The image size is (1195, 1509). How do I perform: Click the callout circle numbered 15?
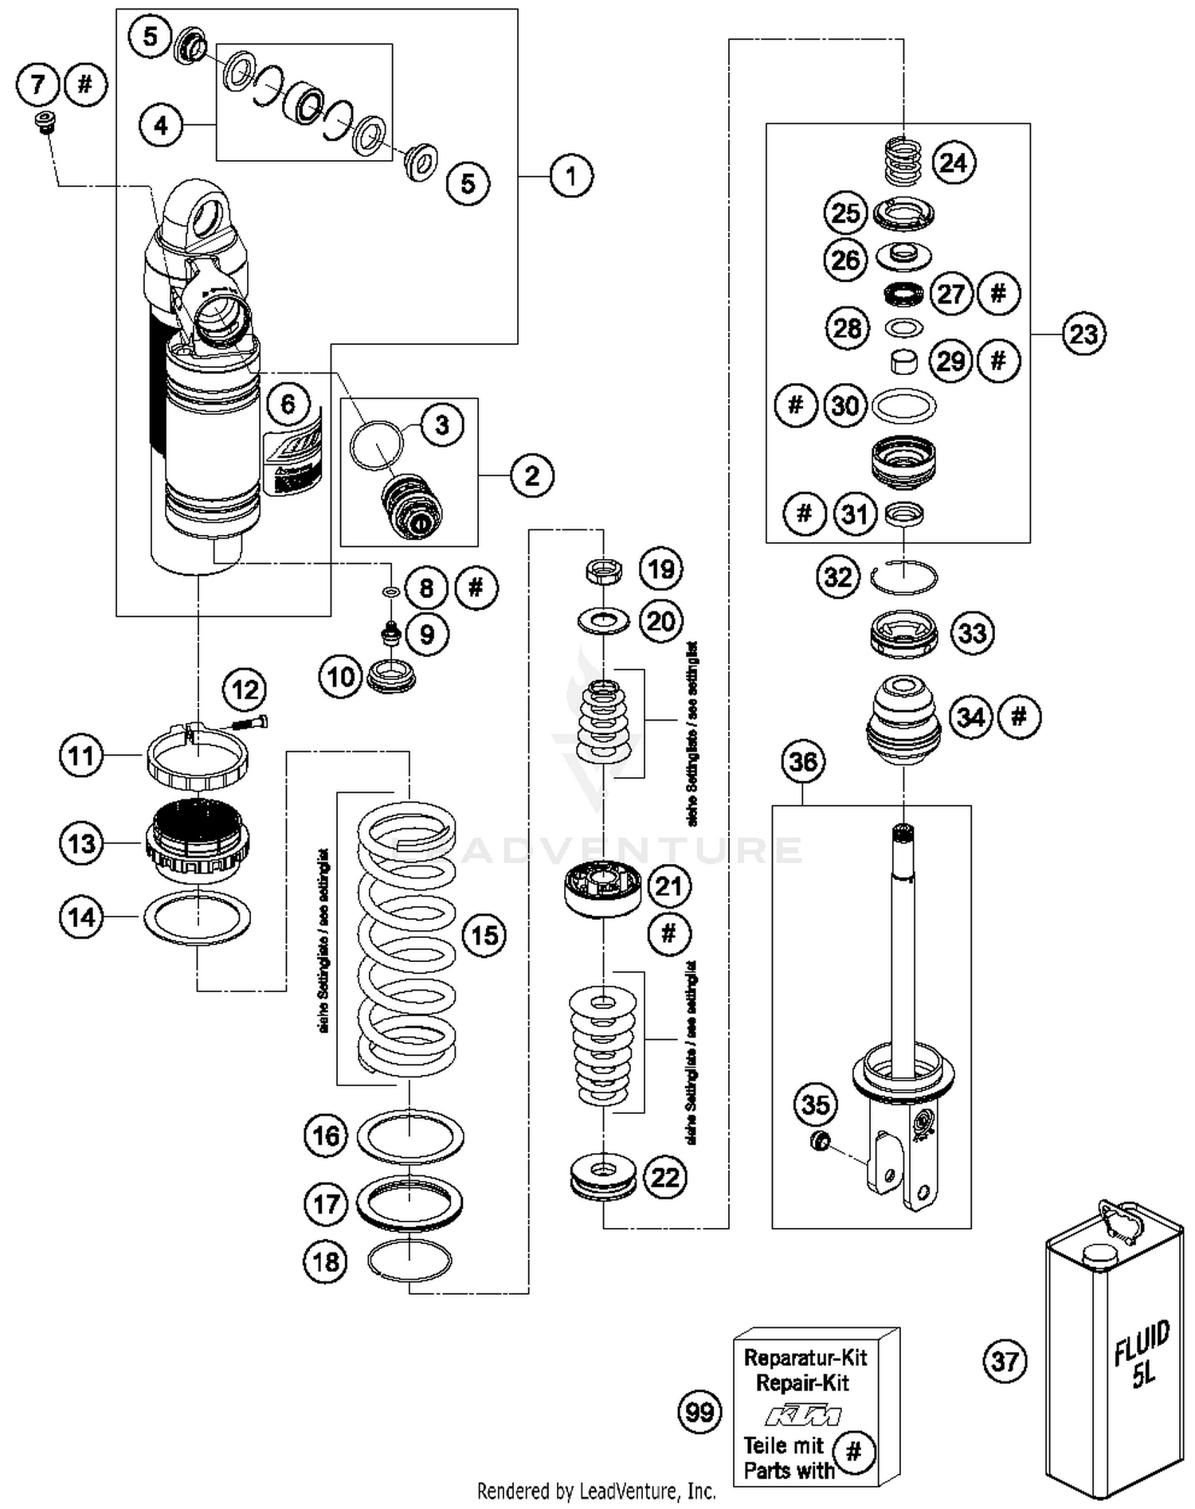tap(484, 935)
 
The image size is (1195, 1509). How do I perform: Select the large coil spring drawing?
tap(406, 940)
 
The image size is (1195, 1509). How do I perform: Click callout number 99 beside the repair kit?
tap(699, 1412)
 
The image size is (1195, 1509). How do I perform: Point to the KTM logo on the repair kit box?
tap(802, 1416)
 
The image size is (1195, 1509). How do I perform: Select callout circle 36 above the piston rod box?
tap(802, 762)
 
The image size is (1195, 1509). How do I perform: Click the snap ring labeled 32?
tap(904, 577)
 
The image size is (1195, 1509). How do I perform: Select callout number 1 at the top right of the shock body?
tap(570, 176)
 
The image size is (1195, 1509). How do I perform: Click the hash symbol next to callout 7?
tap(86, 84)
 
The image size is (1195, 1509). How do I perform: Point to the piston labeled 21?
tap(603, 887)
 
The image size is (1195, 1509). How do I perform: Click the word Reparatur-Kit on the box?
tap(805, 1358)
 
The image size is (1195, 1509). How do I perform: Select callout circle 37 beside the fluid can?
tap(1004, 1361)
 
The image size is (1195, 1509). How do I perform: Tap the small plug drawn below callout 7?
tap(46, 123)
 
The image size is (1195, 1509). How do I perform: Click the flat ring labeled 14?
tap(197, 917)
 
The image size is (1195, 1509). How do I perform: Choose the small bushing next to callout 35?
tap(817, 1141)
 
